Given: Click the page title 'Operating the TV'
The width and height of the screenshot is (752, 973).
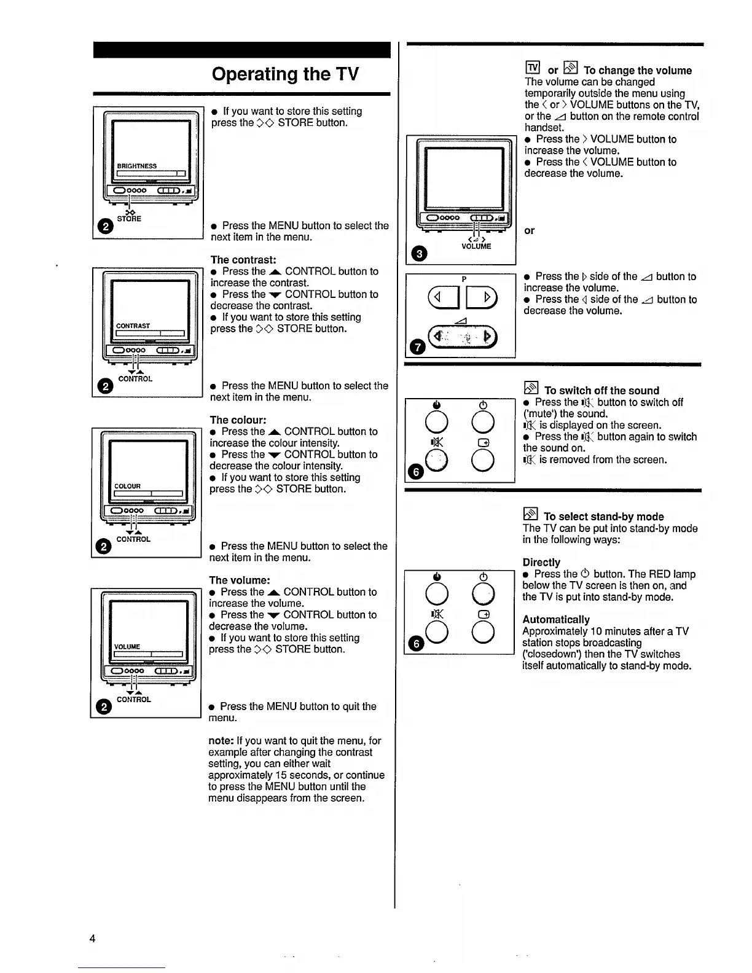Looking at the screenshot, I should pos(285,74).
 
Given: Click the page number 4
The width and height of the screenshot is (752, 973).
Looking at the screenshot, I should pos(92,938).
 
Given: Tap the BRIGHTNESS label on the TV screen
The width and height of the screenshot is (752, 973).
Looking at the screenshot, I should pos(137,166).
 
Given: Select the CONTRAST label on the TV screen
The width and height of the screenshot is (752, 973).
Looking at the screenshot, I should pos(133,326).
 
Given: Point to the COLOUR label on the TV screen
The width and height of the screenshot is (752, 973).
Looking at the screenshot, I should pos(128,486).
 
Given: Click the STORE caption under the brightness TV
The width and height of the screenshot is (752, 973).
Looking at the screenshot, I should pos(129,219).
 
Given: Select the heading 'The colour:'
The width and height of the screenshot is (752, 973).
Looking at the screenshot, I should pos(238,420).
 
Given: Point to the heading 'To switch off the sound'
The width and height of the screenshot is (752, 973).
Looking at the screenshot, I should pos(601,390).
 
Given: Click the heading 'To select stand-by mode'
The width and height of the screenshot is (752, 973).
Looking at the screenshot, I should pos(603,517).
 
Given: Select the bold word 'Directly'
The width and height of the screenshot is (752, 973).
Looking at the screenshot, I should pos(541,562).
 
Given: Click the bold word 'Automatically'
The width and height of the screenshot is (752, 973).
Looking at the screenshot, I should pos(555,620).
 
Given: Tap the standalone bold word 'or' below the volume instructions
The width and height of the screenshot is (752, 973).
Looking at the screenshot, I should pos(529,230).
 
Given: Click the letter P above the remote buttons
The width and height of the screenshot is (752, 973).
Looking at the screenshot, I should pos(464,279).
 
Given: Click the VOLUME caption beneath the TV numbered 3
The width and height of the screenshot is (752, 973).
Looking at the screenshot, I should pos(476,246).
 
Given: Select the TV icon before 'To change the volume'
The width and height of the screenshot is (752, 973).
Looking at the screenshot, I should pos(533,68).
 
